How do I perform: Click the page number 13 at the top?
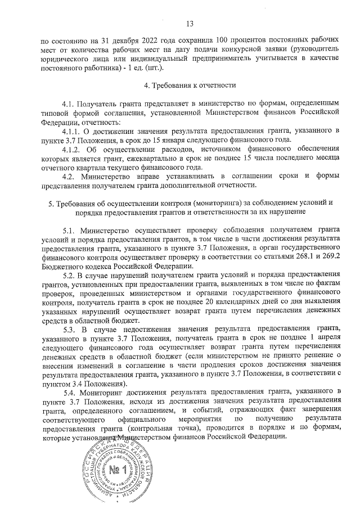pyautogui.click(x=190, y=23)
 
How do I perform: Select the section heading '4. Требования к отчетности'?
pyautogui.click(x=190, y=85)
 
